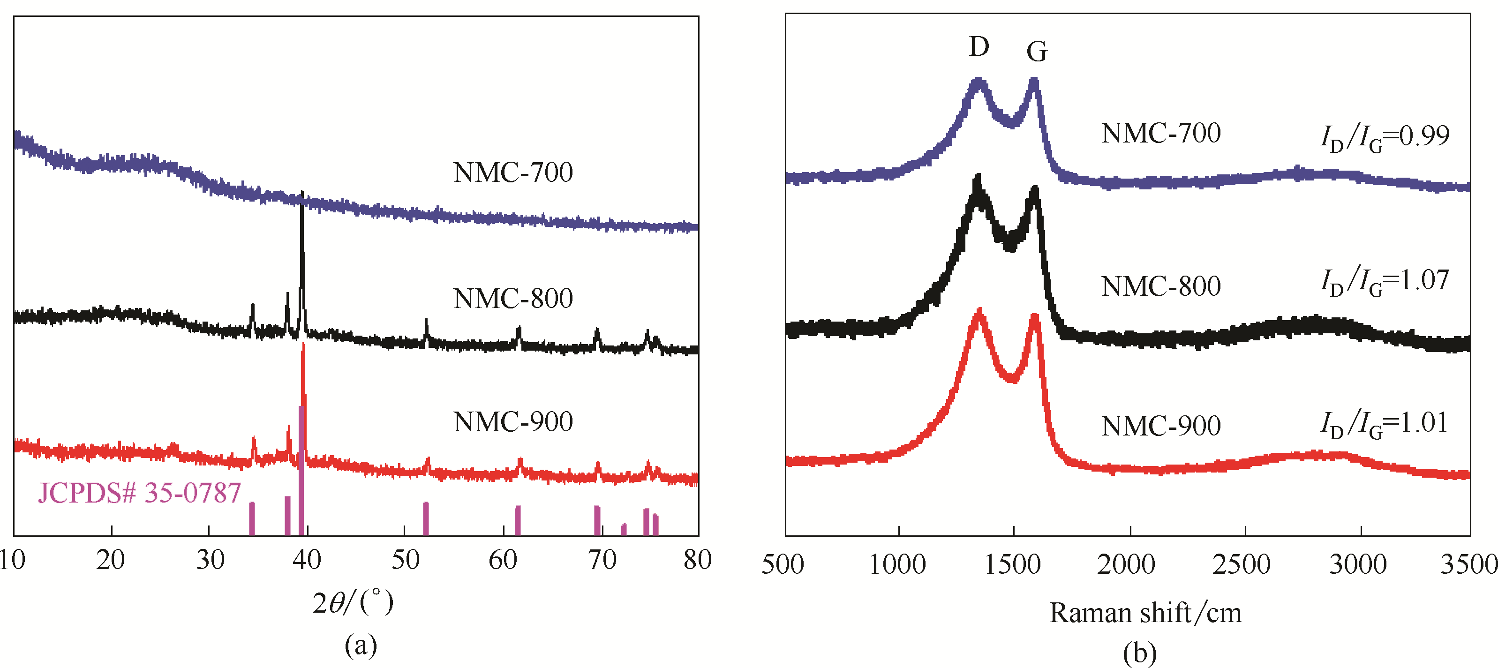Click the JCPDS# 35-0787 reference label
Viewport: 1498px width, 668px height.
pyautogui.click(x=140, y=493)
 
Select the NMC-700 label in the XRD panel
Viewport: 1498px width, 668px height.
pyautogui.click(x=513, y=172)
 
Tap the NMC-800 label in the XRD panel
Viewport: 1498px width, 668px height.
pyautogui.click(x=513, y=298)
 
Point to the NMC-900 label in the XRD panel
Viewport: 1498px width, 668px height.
pyautogui.click(x=513, y=421)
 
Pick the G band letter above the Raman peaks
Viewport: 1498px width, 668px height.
pyautogui.click(x=1037, y=52)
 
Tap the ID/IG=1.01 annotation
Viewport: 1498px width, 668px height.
pyautogui.click(x=1385, y=424)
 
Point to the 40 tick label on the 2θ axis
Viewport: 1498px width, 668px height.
pyautogui.click(x=307, y=560)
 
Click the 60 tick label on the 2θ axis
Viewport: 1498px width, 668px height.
pyautogui.click(x=503, y=560)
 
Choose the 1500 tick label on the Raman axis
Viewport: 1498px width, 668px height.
pyautogui.click(x=1012, y=564)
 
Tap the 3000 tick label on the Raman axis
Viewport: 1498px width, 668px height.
pyautogui.click(x=1358, y=564)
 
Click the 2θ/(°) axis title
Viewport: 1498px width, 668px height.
pyautogui.click(x=353, y=602)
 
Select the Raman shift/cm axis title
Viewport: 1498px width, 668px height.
pyautogui.click(x=1145, y=613)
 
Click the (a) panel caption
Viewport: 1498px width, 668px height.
pyautogui.click(x=361, y=645)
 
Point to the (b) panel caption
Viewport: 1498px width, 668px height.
pyautogui.click(x=1140, y=653)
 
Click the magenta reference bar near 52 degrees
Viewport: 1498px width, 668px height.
pyautogui.click(x=426, y=518)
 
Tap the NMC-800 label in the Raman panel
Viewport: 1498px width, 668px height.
pyautogui.click(x=1161, y=286)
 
